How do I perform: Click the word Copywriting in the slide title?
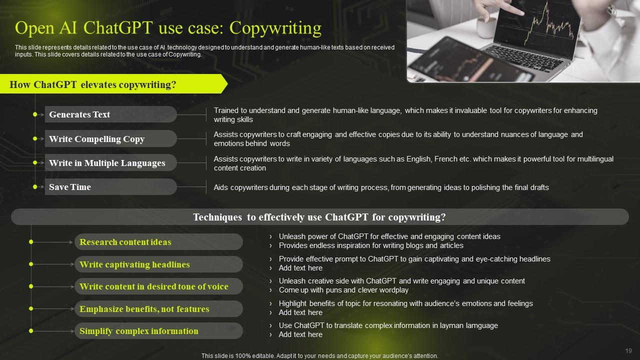275,28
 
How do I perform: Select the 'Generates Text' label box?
110,114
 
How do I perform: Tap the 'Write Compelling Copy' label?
110,139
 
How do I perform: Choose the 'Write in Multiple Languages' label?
110,163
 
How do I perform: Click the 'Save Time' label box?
110,187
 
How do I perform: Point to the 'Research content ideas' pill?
158,242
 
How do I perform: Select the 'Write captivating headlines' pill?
158,264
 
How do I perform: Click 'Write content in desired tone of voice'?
158,286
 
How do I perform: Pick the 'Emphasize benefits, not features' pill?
158,309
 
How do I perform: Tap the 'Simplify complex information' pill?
158,331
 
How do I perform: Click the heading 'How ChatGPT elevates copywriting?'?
93,84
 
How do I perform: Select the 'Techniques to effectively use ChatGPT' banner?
319,217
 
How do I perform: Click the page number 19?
628,351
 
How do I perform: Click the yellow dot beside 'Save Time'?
35,187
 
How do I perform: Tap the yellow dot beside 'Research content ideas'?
31,242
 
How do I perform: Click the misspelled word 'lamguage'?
481,325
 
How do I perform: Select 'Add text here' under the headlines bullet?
300,268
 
